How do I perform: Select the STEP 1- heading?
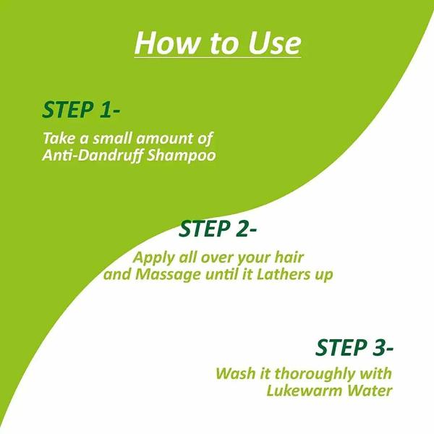tap(80, 110)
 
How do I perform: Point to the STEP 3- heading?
tap(354, 347)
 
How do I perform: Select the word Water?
tap(371, 391)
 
